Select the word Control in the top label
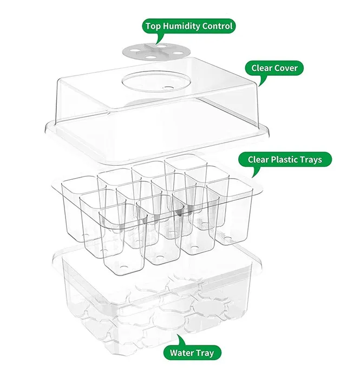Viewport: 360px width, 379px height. coord(218,25)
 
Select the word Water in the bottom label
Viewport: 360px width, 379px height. coord(182,353)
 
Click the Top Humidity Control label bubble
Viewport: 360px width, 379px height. coord(188,25)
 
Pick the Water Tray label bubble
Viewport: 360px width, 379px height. coord(192,353)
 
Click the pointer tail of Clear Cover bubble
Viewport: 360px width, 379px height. coord(261,82)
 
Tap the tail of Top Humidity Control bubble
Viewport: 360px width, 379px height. coord(159,39)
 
